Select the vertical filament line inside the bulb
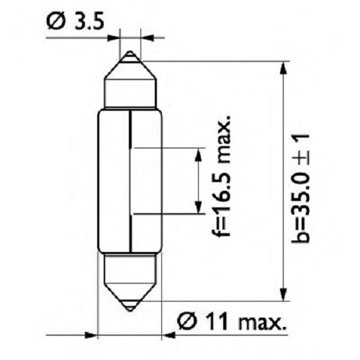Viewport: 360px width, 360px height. [130, 180]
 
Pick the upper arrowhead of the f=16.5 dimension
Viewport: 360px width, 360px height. [196, 153]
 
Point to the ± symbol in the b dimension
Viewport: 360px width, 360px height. [302, 143]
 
